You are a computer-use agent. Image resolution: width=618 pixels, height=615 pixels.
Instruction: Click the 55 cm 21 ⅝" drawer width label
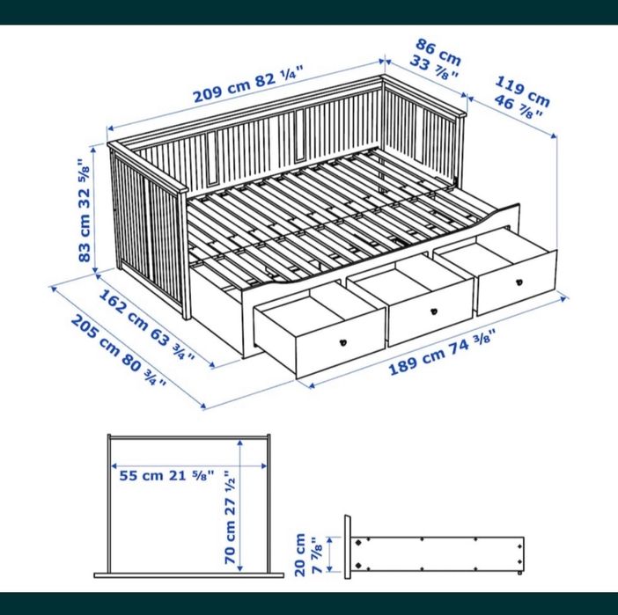pos(168,476)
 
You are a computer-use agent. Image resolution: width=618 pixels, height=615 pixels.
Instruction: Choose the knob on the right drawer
pos(519,281)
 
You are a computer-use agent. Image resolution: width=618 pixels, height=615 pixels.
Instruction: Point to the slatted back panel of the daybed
pos(264,145)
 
